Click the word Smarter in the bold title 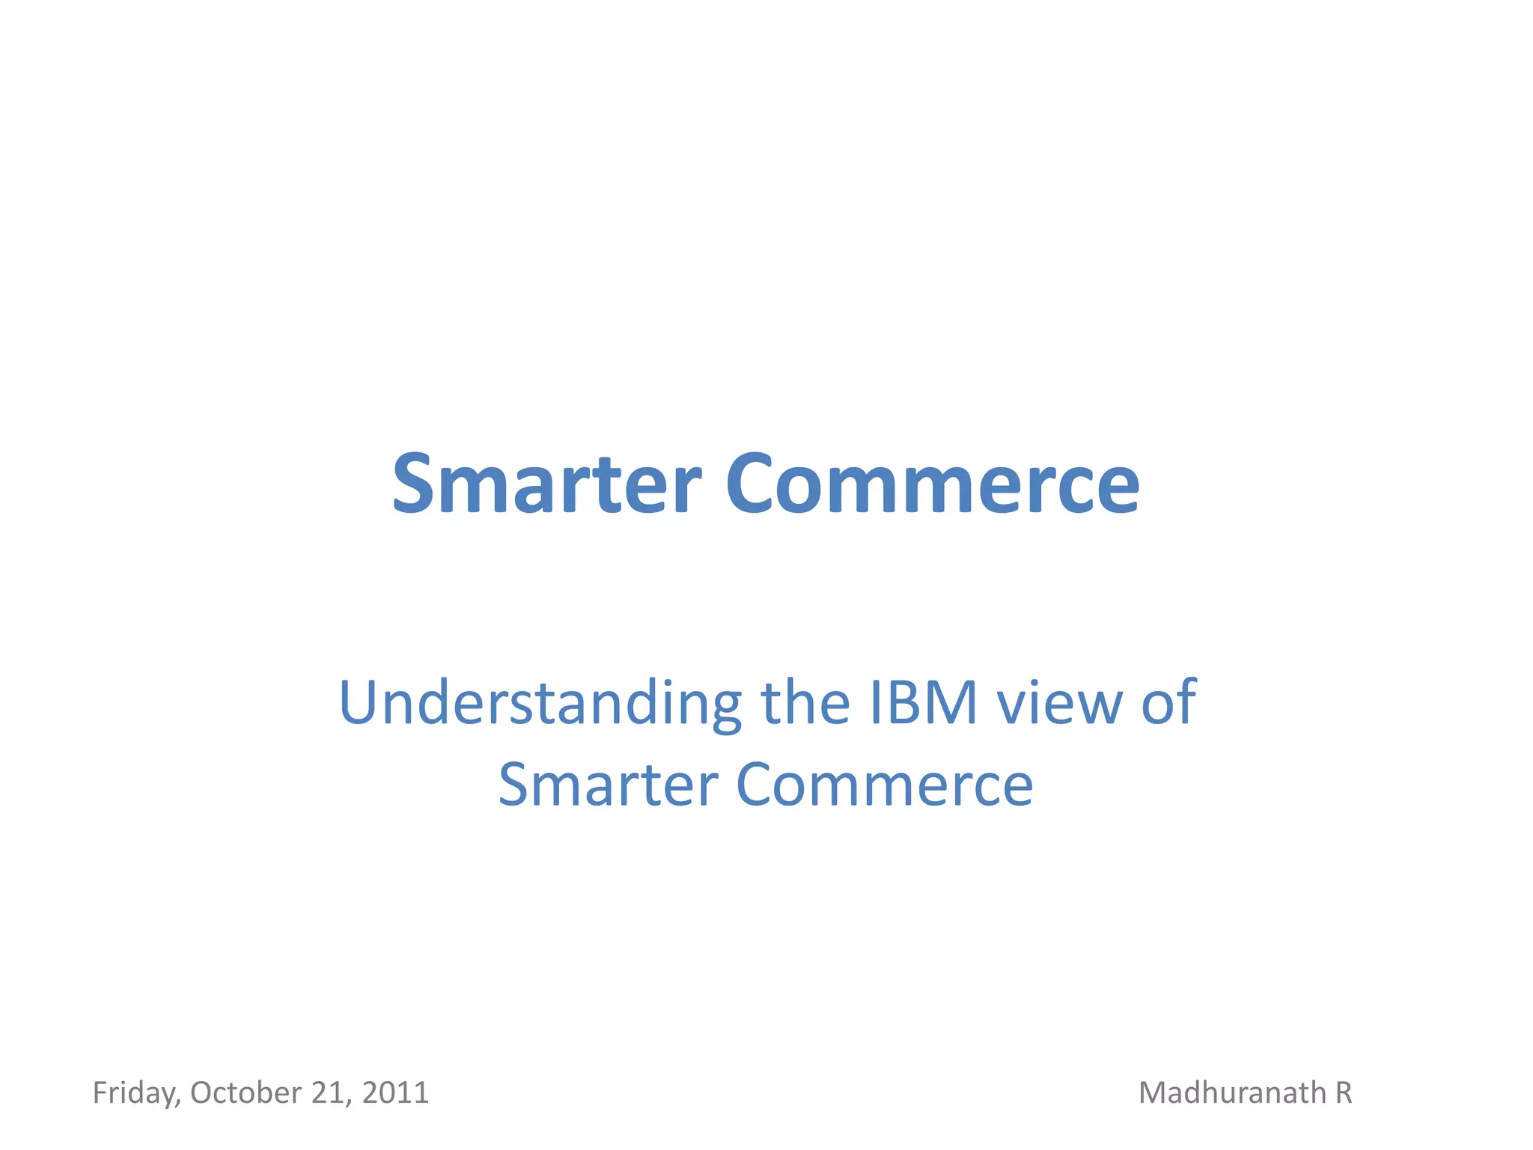[546, 484]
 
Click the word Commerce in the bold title [932, 484]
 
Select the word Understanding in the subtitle [540, 704]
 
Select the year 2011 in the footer [395, 1092]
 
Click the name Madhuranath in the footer [1232, 1092]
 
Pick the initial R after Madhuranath [1344, 1092]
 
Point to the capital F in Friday [100, 1092]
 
